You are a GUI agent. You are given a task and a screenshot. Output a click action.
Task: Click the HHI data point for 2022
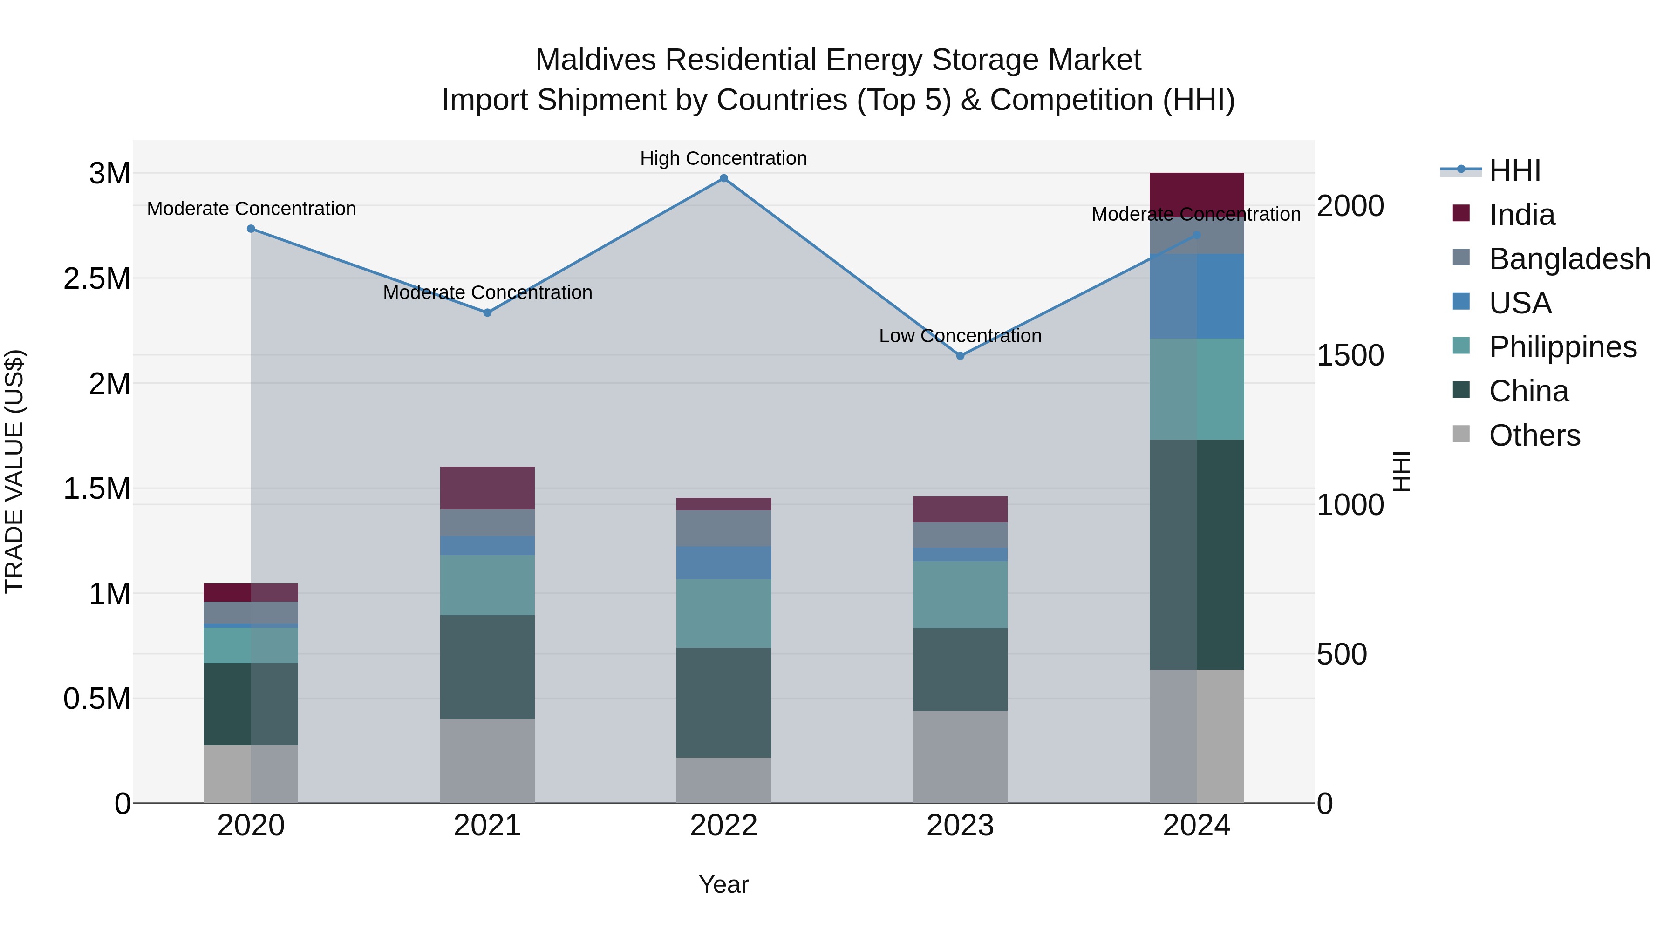(723, 178)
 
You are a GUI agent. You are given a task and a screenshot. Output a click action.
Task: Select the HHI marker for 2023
(960, 356)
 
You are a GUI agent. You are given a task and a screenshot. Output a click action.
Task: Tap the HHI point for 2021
(487, 312)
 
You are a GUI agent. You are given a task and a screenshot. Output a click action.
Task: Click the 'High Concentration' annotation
(723, 159)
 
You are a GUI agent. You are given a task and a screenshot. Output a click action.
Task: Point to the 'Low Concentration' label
(960, 336)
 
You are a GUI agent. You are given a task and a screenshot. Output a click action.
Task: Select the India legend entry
(1521, 215)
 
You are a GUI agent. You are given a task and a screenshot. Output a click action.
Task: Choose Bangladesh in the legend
(1569, 259)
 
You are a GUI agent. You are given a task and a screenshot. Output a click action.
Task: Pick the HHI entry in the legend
(1514, 170)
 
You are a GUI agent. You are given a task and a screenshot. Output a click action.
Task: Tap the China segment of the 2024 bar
(1197, 555)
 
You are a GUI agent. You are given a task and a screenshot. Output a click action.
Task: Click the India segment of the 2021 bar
(487, 488)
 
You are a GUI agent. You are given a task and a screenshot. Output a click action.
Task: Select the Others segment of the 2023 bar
(960, 756)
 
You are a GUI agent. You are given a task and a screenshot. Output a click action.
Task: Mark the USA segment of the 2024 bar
(1197, 296)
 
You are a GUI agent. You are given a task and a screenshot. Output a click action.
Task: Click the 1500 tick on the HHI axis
(1350, 355)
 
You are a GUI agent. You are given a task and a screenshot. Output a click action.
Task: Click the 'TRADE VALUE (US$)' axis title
(14, 471)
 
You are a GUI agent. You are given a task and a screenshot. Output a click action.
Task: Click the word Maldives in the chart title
(595, 60)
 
